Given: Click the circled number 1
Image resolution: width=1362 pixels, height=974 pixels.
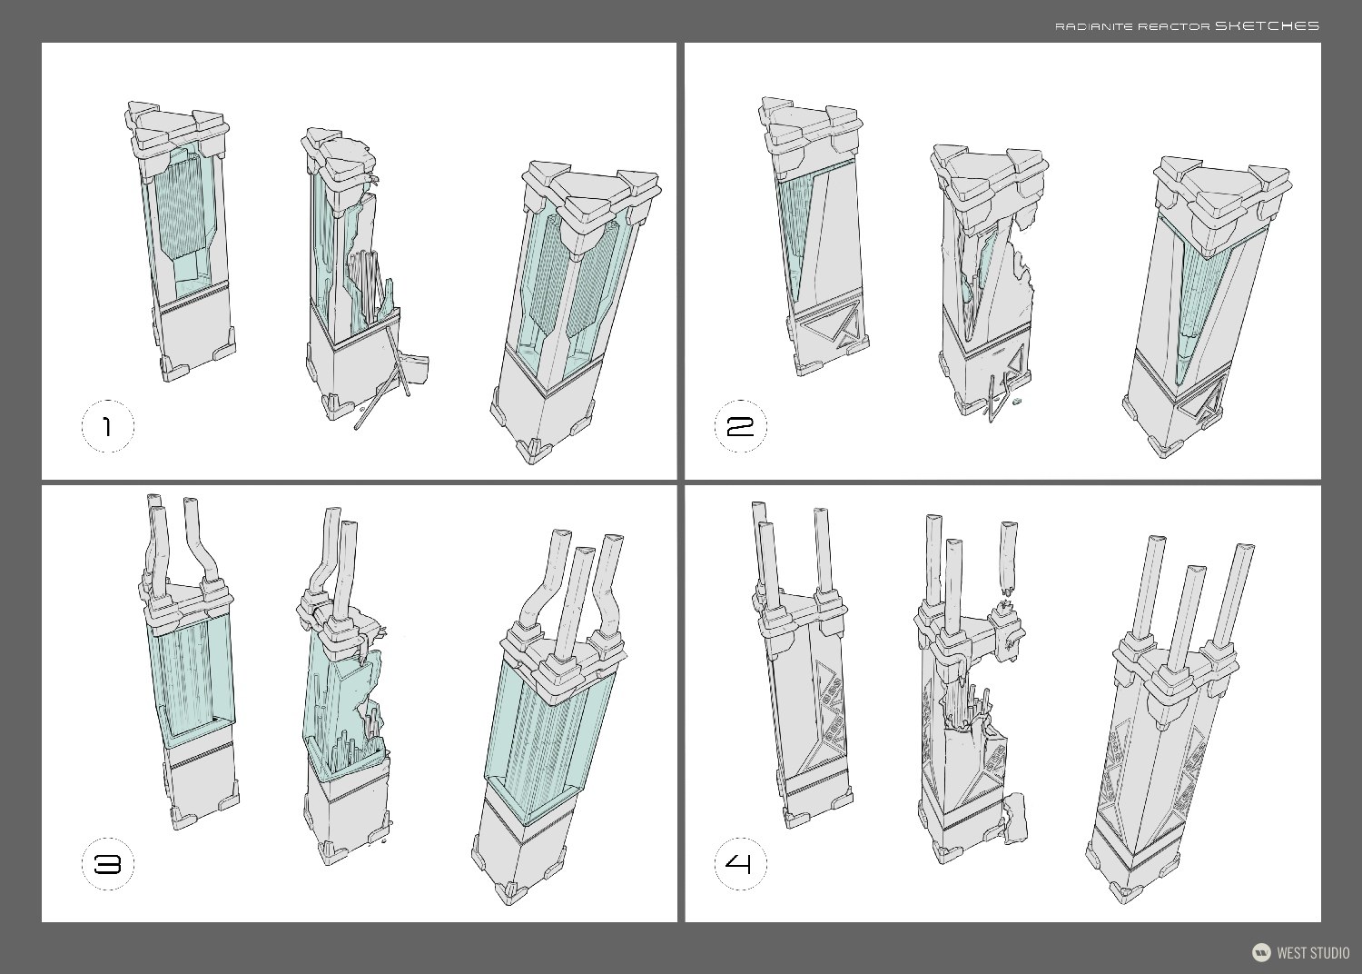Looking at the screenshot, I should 107,426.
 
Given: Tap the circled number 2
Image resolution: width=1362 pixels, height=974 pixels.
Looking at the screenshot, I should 741,426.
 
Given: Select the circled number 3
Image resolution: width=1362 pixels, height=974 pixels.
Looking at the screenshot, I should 107,864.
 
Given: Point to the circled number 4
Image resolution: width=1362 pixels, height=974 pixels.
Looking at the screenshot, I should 741,864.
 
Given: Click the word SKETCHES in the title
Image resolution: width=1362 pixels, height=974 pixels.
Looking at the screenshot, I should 1267,26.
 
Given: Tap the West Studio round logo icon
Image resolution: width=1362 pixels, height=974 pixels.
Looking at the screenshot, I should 1261,952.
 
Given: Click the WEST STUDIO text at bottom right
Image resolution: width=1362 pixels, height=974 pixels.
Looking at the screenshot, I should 1313,953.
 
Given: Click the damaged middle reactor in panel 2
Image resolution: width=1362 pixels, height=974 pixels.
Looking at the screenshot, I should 985,282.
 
